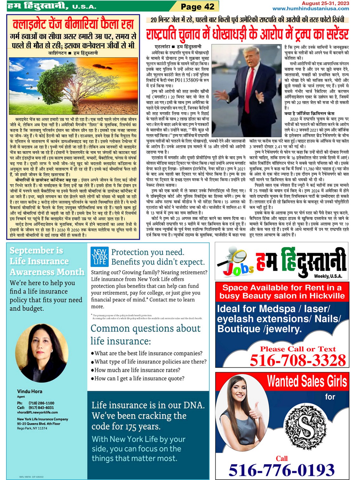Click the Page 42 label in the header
197,7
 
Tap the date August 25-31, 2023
325,3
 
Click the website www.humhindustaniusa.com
311,9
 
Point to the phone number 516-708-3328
298,360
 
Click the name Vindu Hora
29,392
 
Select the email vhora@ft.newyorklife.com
37,412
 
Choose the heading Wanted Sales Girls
307,381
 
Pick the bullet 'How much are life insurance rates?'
137,370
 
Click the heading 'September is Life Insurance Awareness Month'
47,261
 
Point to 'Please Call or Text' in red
298,349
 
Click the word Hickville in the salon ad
328,296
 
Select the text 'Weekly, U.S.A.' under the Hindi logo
328,276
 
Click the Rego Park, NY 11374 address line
32,428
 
